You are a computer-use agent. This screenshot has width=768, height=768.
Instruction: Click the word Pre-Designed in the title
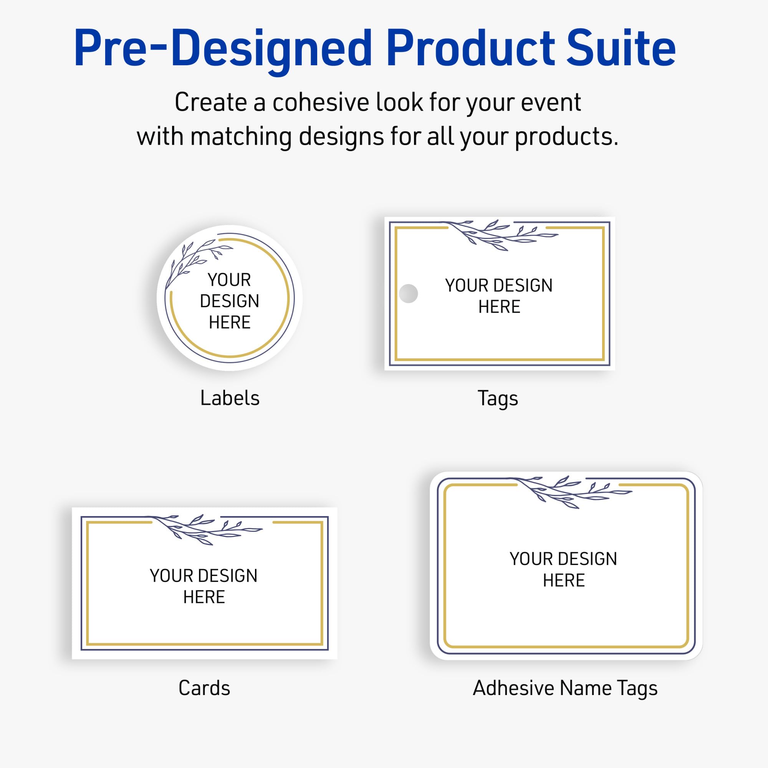(x=223, y=48)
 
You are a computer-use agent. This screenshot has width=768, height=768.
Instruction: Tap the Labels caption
(x=230, y=398)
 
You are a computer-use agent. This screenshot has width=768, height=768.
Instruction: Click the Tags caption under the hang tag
(x=498, y=399)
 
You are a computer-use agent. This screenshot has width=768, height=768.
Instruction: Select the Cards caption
(x=204, y=688)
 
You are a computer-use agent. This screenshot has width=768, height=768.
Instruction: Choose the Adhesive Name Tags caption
(x=565, y=688)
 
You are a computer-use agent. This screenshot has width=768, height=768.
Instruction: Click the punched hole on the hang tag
(x=408, y=293)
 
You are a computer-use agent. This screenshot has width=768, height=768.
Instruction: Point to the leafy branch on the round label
(x=195, y=260)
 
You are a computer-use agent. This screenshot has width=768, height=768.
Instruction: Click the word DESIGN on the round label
(x=229, y=301)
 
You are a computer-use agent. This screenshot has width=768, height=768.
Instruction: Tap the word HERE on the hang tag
(x=499, y=307)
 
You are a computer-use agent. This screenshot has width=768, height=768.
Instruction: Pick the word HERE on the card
(x=204, y=597)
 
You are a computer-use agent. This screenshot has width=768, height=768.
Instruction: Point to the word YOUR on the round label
(x=229, y=280)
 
